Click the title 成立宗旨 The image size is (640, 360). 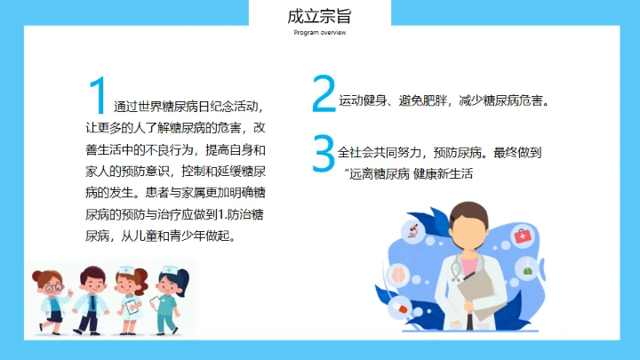[x=320, y=16]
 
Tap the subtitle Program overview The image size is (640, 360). [x=320, y=33]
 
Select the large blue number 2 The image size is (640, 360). [x=324, y=94]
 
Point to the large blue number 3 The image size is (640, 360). [x=324, y=153]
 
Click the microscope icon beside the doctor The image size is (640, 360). [x=412, y=232]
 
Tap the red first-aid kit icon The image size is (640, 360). [x=523, y=236]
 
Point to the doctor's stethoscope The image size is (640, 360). [x=457, y=267]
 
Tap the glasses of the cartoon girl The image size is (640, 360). [x=54, y=287]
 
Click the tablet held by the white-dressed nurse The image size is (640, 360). [x=132, y=307]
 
